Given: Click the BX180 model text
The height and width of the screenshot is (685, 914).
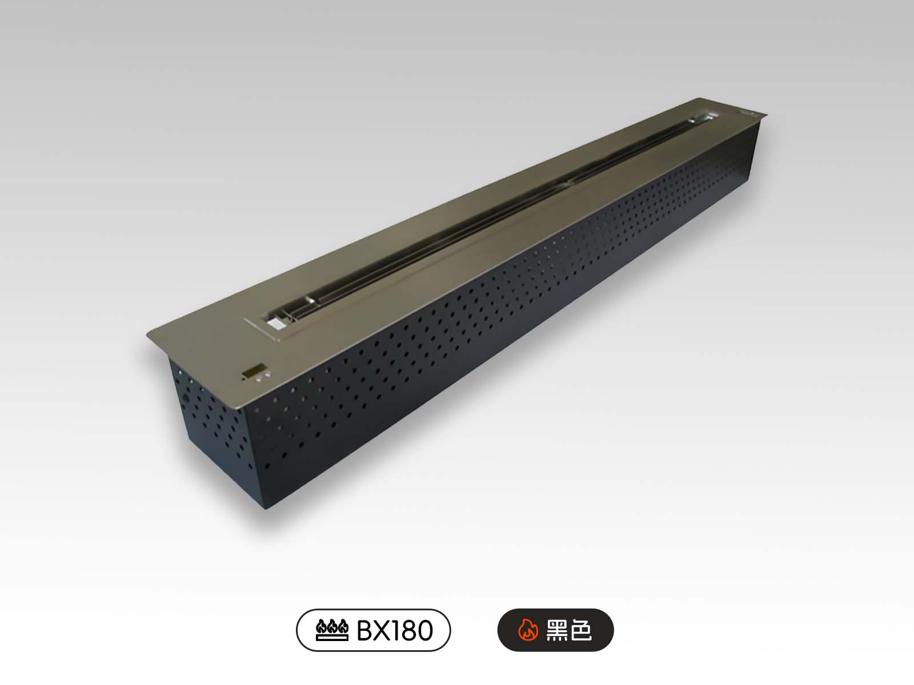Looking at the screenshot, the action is (394, 631).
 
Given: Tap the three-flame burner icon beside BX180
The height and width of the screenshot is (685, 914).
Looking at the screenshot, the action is (332, 630).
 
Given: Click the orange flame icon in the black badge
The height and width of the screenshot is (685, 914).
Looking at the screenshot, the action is (528, 630).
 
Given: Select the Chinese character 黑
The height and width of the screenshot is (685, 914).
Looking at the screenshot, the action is (557, 630).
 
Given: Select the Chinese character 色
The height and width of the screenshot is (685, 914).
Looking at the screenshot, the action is (580, 630).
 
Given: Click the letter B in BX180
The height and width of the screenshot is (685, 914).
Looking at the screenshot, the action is (364, 631).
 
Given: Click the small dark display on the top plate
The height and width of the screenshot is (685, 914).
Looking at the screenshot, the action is (254, 370).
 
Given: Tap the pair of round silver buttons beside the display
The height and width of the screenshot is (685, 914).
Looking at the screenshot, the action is (263, 376).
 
